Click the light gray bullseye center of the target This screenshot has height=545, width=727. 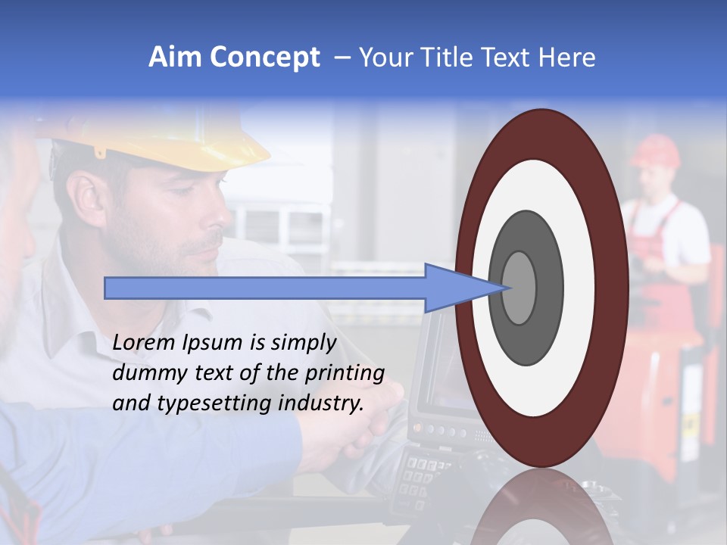pyautogui.click(x=519, y=288)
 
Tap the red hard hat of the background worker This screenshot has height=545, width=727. pyautogui.click(x=655, y=149)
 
